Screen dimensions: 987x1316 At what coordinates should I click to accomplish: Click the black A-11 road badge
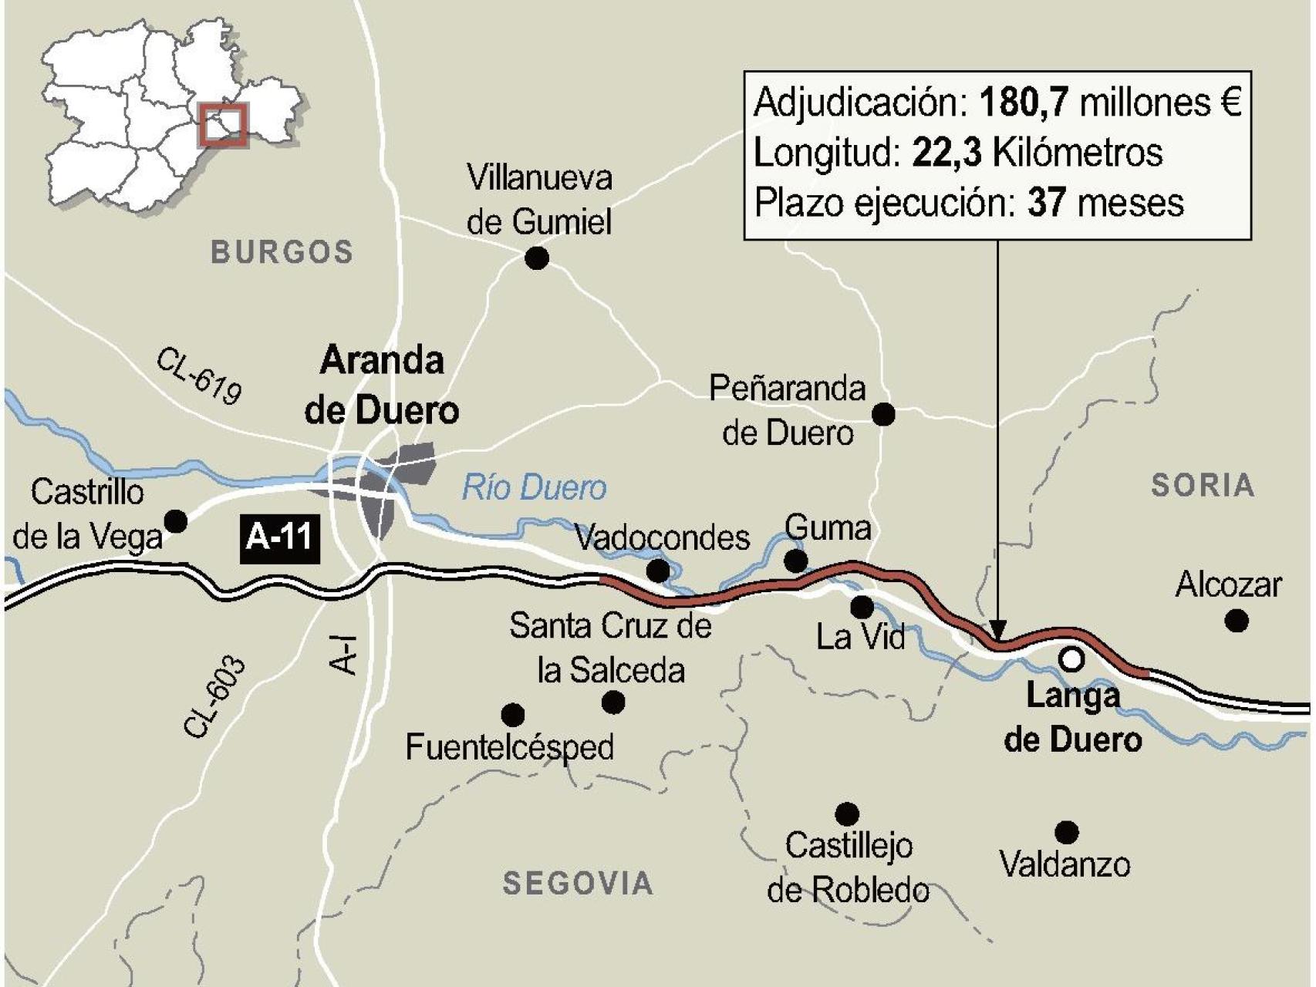(279, 536)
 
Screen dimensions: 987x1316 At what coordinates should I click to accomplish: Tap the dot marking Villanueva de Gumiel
(537, 258)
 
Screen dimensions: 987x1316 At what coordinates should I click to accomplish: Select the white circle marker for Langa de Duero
(1071, 659)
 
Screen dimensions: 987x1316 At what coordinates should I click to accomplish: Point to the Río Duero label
(534, 488)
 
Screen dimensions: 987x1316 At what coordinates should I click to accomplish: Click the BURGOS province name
(282, 252)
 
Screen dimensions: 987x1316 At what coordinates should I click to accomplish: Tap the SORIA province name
(1203, 485)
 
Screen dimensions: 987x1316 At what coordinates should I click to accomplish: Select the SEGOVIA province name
(578, 883)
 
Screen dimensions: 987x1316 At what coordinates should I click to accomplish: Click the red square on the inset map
(223, 124)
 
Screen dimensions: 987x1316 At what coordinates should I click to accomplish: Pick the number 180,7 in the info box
(1025, 103)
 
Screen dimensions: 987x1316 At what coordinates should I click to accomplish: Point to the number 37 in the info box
(1046, 203)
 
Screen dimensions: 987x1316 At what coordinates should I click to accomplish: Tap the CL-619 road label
(200, 376)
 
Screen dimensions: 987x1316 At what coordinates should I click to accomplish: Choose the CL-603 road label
(215, 697)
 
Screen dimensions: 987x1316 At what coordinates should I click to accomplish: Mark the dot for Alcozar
(1237, 620)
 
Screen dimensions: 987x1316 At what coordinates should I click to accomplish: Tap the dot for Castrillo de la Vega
(177, 521)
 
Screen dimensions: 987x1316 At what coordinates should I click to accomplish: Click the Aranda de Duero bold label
(382, 385)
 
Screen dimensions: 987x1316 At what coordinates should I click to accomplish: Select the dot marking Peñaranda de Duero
(883, 414)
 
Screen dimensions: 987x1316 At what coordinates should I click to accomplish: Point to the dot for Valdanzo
(1067, 832)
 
